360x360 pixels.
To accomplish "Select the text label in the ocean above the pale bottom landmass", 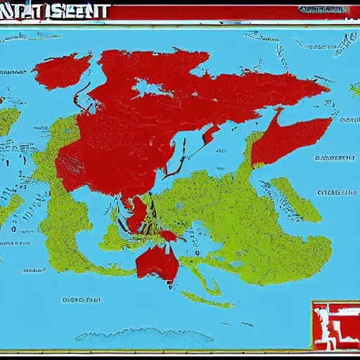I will (83, 301).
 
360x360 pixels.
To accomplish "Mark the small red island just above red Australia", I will (167, 236).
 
